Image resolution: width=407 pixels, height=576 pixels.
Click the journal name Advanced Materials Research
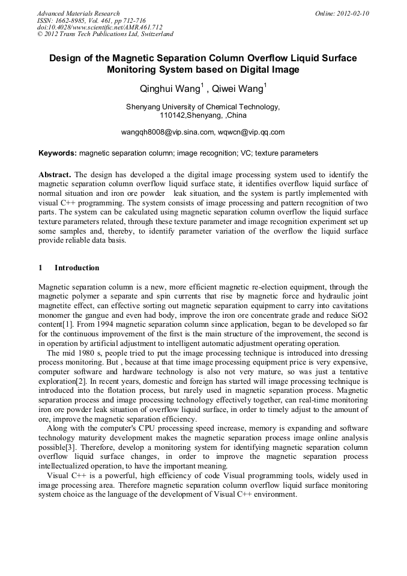(78, 13)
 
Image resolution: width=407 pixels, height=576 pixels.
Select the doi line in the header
(100, 27)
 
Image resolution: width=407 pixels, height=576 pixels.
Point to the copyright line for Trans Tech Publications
(105, 34)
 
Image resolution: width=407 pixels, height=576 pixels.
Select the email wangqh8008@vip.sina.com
(167, 132)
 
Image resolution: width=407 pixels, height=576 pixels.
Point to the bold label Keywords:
(58, 153)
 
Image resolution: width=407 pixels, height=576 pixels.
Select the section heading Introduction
(77, 267)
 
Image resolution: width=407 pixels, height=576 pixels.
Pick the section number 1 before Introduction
(40, 267)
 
